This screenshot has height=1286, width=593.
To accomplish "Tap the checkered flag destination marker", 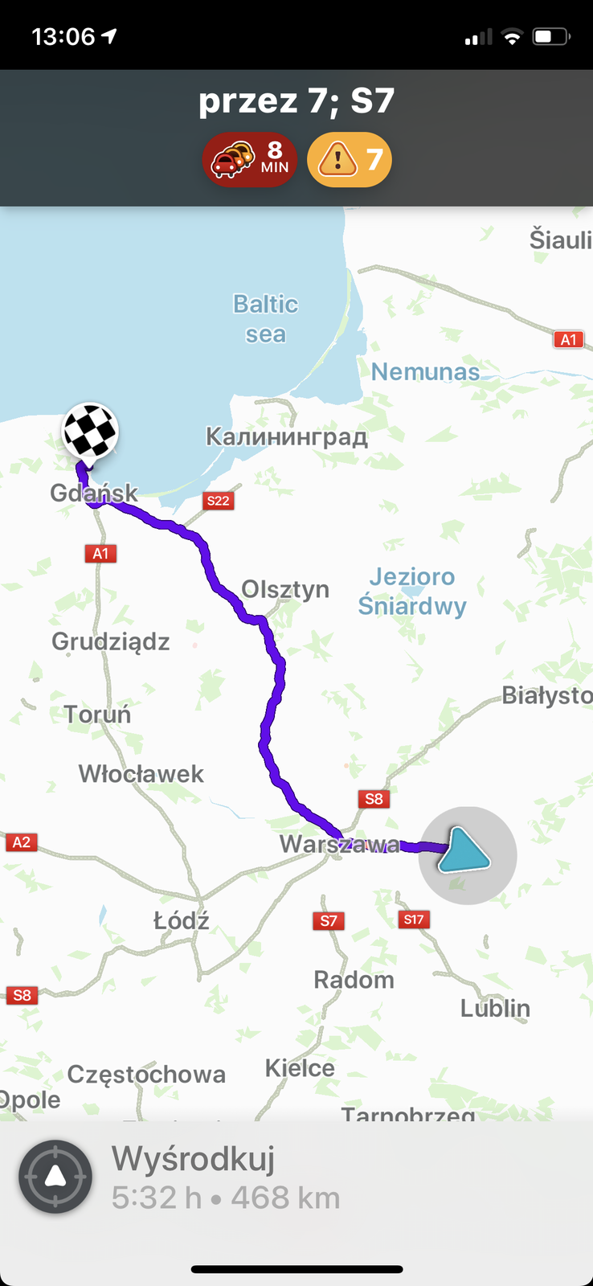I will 90,431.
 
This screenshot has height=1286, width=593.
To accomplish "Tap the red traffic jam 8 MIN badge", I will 249,159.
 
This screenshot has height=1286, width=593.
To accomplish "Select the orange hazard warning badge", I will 350,159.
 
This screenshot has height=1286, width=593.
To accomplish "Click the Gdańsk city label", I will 93,493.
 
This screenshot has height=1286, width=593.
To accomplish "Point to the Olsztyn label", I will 285,589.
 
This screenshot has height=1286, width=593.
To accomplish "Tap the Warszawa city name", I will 339,845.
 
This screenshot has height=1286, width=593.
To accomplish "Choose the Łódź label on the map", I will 182,920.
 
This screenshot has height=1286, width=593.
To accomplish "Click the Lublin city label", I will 495,1008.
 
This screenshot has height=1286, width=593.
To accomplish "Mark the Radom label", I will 354,980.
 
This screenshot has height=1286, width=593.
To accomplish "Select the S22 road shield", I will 218,501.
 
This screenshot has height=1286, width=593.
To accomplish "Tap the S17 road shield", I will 414,919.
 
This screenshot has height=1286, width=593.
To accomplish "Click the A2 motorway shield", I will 22,842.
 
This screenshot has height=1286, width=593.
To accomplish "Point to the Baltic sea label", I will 265,318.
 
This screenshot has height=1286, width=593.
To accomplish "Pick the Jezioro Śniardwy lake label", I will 411,591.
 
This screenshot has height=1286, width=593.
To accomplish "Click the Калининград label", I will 287,436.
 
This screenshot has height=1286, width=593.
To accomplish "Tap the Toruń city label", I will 97,714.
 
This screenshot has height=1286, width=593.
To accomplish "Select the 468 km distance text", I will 285,1198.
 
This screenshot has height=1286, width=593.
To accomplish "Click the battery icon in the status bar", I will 551,36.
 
